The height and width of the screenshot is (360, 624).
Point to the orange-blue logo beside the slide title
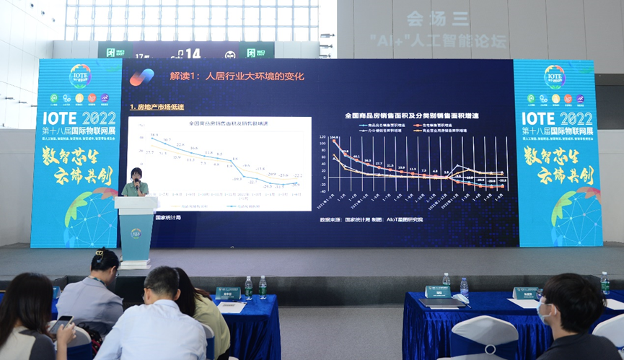point(141,76)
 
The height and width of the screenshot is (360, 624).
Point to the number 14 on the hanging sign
point(193,53)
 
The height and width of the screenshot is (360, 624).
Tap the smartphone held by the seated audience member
point(62,322)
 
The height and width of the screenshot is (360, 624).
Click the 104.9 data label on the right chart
point(334,138)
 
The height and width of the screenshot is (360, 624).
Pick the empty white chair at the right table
point(484,338)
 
